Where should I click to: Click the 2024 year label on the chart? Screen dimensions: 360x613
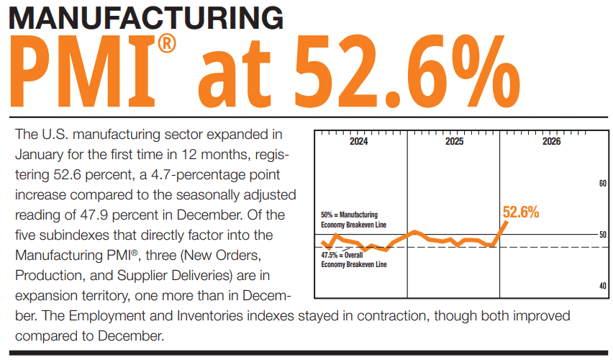tap(359, 142)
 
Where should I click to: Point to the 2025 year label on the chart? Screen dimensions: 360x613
tap(454, 142)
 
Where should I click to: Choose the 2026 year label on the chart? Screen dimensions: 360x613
tap(551, 142)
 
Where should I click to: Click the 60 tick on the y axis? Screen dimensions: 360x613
tap(603, 184)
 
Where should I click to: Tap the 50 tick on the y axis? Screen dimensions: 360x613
tap(603, 235)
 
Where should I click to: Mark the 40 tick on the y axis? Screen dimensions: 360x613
tap(603, 286)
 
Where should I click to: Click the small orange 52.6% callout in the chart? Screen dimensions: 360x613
tap(521, 212)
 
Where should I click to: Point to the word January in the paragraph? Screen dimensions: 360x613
tap(39, 154)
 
